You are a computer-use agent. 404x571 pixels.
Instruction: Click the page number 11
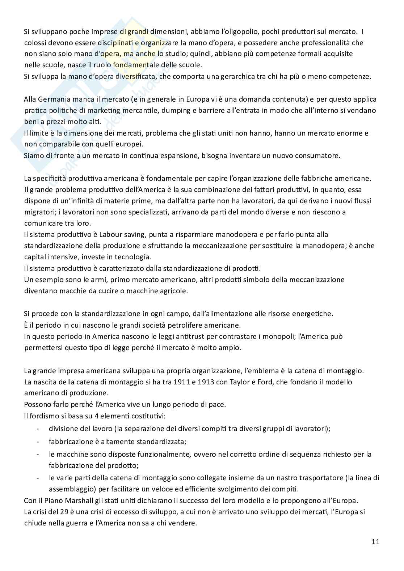pos(375,542)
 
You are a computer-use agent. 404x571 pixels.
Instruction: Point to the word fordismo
pos(43,416)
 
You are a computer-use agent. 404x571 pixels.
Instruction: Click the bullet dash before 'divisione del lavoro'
pos(38,429)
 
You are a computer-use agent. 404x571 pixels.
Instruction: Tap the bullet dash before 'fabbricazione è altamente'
pos(38,442)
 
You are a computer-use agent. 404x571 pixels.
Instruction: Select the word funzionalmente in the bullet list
pos(167,454)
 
